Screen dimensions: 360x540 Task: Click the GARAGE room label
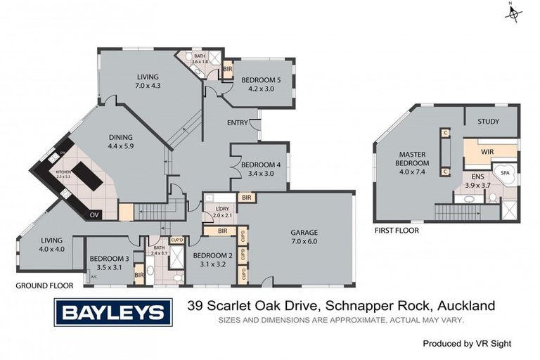pos(304,232)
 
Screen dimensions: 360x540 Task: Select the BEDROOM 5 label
pos(261,80)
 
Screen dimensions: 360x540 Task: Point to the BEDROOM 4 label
pos(260,165)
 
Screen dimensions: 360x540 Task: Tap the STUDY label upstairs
pos(488,122)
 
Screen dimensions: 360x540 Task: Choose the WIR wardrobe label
pos(489,150)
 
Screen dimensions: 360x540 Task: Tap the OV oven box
pos(95,214)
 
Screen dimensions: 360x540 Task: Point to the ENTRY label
pos(237,123)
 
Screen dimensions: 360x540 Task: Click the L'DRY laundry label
pos(214,211)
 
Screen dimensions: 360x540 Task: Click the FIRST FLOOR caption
pos(397,230)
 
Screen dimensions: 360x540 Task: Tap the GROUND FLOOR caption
pos(44,286)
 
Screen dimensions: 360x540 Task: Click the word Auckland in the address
pos(466,305)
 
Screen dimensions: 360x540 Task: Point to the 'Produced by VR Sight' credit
pos(467,344)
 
